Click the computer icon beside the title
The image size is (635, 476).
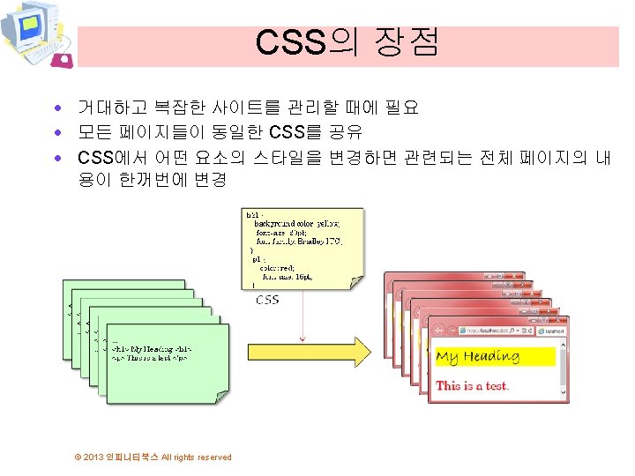pos(35,35)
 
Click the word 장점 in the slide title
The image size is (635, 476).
pos(406,42)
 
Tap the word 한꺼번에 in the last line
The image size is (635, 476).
pos(146,180)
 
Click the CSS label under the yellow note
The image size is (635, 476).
pos(267,300)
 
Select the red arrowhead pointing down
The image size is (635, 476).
pos(303,336)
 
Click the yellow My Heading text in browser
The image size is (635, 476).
pos(477,357)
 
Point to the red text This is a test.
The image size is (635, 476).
pos(473,385)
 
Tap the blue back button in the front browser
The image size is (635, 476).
pos(439,331)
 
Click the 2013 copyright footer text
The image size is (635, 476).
pos(153,457)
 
